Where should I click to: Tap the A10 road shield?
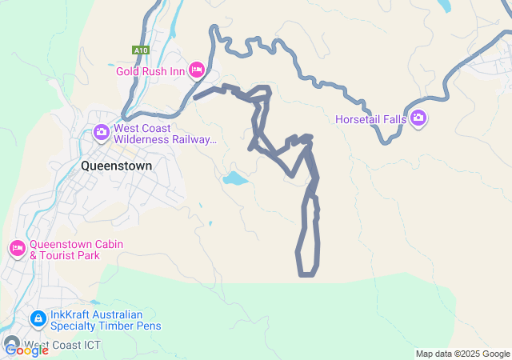point(141,50)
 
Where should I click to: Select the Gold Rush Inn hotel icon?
point(197,70)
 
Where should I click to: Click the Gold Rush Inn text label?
point(150,71)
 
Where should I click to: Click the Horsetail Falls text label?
point(370,120)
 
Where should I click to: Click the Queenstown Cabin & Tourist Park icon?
point(18,249)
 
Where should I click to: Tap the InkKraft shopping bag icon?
point(38,319)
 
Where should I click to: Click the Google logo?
point(26,350)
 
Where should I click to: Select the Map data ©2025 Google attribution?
point(462,354)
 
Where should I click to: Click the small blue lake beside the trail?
point(234,178)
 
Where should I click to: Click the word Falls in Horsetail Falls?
point(393,120)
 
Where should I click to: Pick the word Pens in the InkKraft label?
point(148,326)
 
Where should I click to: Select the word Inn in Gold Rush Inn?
point(178,71)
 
